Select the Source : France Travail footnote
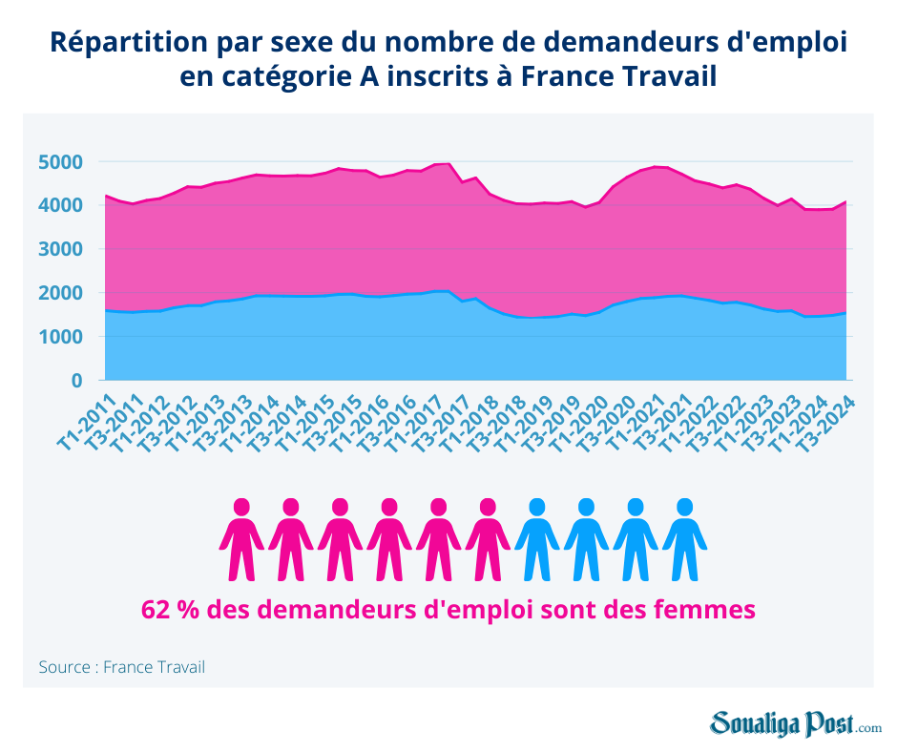click(x=121, y=667)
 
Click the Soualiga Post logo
click(x=795, y=724)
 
